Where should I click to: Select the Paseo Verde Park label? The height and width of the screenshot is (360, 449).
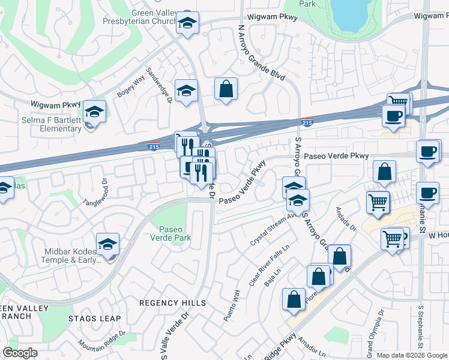point(175,233)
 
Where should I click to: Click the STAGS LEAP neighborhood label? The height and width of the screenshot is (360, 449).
point(94,319)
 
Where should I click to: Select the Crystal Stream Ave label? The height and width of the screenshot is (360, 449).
point(270,230)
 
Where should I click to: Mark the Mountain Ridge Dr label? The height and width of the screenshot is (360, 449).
point(101,341)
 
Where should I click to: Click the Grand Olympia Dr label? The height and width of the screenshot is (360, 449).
point(378,329)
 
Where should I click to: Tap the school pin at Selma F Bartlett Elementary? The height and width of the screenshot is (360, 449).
point(94,112)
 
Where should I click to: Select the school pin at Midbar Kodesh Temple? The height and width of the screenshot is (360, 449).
point(107,244)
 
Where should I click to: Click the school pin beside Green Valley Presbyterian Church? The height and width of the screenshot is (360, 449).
point(187,24)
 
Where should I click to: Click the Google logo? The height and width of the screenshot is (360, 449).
point(20,353)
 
